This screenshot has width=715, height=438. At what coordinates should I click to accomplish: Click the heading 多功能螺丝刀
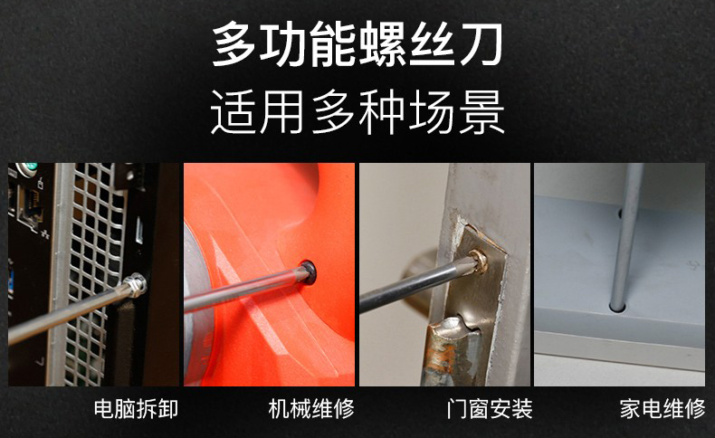(357, 44)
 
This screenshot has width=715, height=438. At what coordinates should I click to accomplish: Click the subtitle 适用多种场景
(357, 111)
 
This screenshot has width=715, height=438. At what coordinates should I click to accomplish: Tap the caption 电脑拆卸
(136, 409)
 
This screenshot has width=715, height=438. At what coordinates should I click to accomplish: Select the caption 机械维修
(311, 409)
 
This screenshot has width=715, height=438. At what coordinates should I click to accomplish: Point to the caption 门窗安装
(490, 409)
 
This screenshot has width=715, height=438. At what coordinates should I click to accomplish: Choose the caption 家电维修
(663, 409)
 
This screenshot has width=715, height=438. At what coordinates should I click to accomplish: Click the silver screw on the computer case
(137, 284)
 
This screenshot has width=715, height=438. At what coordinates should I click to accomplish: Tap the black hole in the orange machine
(309, 272)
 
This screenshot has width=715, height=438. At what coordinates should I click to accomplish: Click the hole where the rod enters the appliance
(617, 308)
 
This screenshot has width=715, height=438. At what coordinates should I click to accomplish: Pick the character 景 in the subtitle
(482, 111)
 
